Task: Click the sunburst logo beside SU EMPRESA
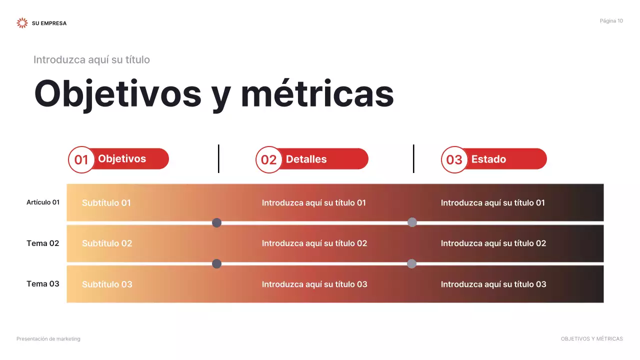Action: [x=22, y=23]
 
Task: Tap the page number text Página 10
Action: [x=611, y=21]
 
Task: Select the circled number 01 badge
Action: [x=81, y=159]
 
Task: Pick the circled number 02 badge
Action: [x=269, y=159]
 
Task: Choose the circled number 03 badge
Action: [x=454, y=159]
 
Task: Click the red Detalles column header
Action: [x=320, y=159]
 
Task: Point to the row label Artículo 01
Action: [x=43, y=202]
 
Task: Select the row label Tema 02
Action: [x=43, y=243]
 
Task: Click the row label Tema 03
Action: [x=43, y=284]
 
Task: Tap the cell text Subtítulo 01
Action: [x=106, y=203]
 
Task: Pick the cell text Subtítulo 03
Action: [x=107, y=284]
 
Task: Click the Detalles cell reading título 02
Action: [x=314, y=243]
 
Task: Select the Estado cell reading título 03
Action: [x=493, y=284]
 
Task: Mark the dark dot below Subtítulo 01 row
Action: [x=216, y=222]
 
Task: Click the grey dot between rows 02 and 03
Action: [x=411, y=263]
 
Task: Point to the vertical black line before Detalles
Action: [x=218, y=158]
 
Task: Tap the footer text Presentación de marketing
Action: [x=48, y=339]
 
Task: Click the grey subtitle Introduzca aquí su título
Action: [x=91, y=60]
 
